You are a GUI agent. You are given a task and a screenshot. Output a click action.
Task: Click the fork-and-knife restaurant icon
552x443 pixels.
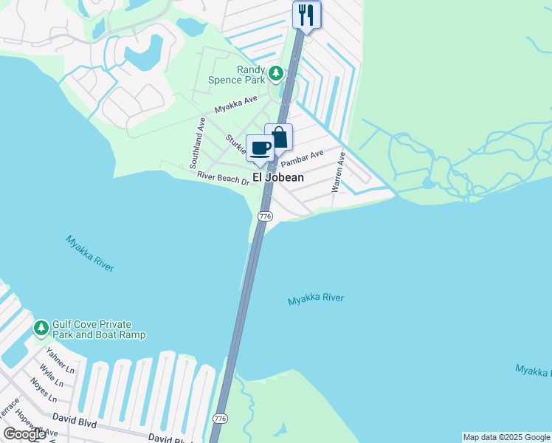tap(307, 15)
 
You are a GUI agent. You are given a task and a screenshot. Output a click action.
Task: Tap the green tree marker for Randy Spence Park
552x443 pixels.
tap(276, 73)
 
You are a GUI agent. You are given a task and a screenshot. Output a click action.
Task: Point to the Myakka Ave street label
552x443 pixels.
tap(235, 105)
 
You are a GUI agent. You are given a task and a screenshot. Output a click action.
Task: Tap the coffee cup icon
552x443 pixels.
tap(261, 147)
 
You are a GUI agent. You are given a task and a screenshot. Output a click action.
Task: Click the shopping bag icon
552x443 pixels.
tap(279, 137)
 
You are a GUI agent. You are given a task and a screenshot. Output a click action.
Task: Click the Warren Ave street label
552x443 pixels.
tap(338, 173)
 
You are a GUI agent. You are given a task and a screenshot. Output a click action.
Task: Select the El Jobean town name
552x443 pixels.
tap(278, 178)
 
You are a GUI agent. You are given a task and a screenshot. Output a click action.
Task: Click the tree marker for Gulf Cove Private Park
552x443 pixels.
tap(41, 326)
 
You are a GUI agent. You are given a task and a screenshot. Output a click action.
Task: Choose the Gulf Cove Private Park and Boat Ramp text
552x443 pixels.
tap(98, 329)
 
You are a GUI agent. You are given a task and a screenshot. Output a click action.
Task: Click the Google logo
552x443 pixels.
tap(25, 434)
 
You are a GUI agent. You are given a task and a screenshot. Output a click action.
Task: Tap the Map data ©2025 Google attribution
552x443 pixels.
tap(506, 437)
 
